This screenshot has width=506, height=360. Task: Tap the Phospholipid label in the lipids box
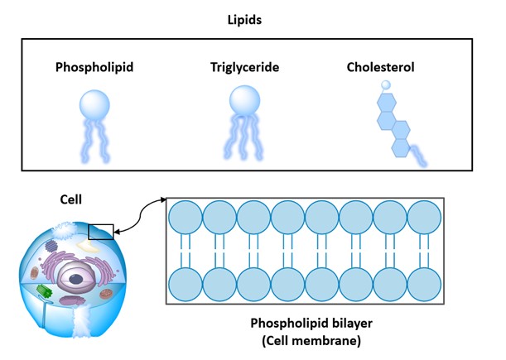coord(94,66)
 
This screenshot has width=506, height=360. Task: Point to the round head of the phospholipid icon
coord(94,103)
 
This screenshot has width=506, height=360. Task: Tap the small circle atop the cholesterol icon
coord(386,84)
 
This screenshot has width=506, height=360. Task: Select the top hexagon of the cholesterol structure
coord(386,101)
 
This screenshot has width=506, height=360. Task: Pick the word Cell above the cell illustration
coord(72,199)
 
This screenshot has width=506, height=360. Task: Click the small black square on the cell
coord(100,229)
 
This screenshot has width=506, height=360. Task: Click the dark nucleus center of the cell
coord(77,279)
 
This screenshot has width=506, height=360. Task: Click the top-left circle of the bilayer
coord(186,218)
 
